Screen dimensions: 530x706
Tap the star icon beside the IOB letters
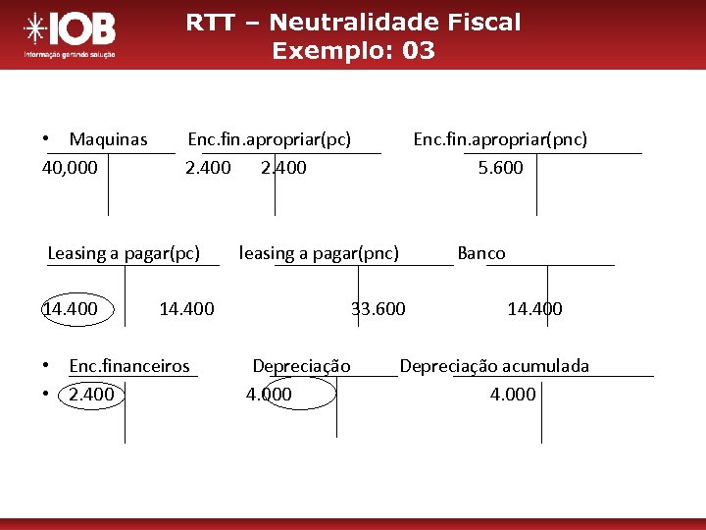pyautogui.click(x=35, y=29)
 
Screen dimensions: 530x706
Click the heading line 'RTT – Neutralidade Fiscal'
pyautogui.click(x=353, y=22)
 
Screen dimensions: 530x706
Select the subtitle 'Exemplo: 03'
pyautogui.click(x=353, y=51)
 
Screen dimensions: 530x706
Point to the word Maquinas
pyautogui.click(x=108, y=139)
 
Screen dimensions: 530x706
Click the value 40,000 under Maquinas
pyautogui.click(x=70, y=168)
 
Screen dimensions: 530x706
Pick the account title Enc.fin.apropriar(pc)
pyautogui.click(x=269, y=139)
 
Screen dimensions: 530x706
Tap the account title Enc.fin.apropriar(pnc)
pyautogui.click(x=500, y=139)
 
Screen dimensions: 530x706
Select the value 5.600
pyautogui.click(x=500, y=168)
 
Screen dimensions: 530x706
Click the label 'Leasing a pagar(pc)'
pyautogui.click(x=124, y=253)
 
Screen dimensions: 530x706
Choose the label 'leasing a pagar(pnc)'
pyautogui.click(x=319, y=253)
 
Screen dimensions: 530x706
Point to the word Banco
pyautogui.click(x=481, y=253)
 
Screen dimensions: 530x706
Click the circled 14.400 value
pyautogui.click(x=70, y=309)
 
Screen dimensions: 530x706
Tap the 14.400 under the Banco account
pyautogui.click(x=534, y=309)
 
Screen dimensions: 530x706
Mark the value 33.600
pyautogui.click(x=378, y=309)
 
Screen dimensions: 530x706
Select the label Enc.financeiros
pyautogui.click(x=129, y=366)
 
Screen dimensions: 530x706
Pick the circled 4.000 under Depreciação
pyautogui.click(x=269, y=395)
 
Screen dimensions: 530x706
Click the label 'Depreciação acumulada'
pyautogui.click(x=494, y=366)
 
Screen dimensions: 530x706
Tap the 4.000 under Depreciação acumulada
pyautogui.click(x=513, y=395)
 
